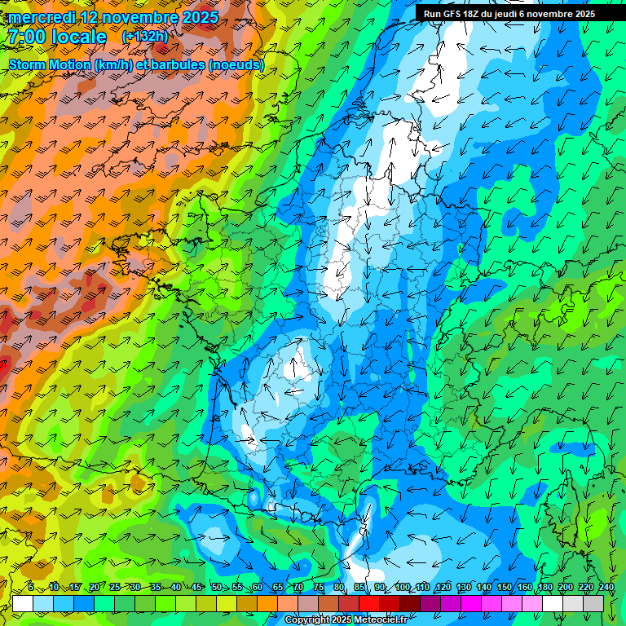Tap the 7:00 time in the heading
click(x=29, y=37)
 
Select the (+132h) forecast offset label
click(x=145, y=36)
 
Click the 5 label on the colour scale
click(x=31, y=587)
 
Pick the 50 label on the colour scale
click(x=216, y=587)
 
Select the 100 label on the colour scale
click(x=402, y=587)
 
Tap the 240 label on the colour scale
click(x=606, y=587)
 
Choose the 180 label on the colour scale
click(x=545, y=587)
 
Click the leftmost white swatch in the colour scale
click(x=23, y=603)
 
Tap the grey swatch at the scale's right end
click(x=594, y=603)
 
